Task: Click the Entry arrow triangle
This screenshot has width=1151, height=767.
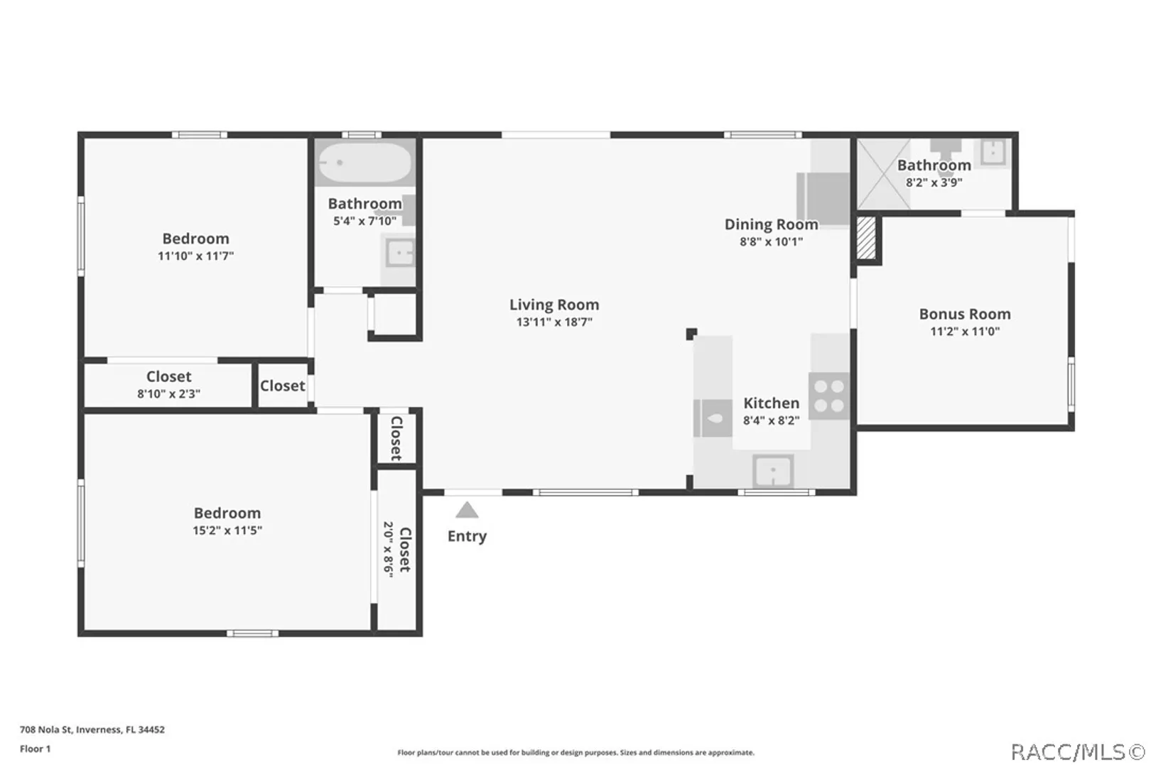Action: click(x=467, y=510)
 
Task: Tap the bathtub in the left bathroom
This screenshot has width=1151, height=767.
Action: click(x=364, y=163)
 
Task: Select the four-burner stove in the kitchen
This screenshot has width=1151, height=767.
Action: click(x=829, y=396)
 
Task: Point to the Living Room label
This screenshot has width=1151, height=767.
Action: click(x=554, y=305)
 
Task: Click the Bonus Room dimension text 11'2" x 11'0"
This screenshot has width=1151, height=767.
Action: click(x=964, y=332)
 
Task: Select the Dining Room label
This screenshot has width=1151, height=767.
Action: click(x=771, y=224)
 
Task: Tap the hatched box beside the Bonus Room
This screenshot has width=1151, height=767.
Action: click(x=866, y=237)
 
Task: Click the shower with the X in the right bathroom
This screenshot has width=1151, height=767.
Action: click(x=883, y=174)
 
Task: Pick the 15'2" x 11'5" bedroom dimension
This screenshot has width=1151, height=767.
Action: click(x=227, y=531)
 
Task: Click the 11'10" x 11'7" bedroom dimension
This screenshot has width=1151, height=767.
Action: click(x=195, y=256)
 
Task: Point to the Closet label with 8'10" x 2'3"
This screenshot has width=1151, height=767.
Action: click(x=168, y=376)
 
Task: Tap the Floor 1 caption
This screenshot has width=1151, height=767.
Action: click(x=36, y=749)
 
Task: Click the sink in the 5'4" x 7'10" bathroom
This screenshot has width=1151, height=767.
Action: click(x=400, y=253)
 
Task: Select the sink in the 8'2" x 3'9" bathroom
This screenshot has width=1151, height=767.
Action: click(x=993, y=152)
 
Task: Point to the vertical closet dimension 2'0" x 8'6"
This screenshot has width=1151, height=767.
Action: click(x=388, y=550)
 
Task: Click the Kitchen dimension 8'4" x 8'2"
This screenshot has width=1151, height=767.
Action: click(x=772, y=420)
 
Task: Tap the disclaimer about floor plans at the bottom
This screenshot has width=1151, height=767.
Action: click(x=575, y=753)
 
